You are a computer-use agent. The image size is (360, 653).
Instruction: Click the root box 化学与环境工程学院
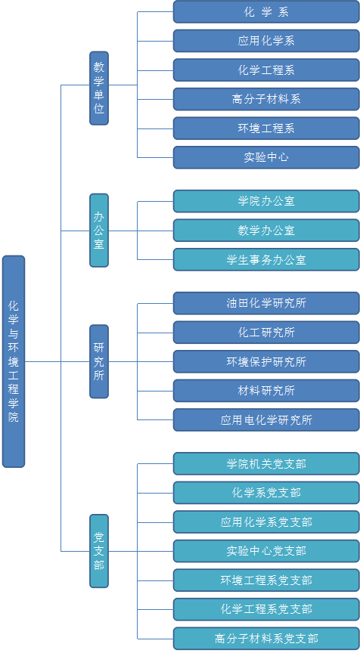coord(14,361)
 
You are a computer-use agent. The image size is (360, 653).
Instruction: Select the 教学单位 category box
coord(99,88)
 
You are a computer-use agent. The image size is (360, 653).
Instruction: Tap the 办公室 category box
coord(99,231)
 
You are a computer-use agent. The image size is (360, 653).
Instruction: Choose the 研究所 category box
coord(99,361)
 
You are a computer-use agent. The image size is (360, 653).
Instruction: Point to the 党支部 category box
coord(99,551)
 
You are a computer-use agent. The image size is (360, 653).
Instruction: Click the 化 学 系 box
coord(266,11)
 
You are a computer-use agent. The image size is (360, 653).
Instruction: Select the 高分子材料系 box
coord(266,99)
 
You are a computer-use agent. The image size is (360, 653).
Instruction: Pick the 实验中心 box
coord(266,157)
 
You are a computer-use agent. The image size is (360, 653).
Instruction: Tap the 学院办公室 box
coord(266,201)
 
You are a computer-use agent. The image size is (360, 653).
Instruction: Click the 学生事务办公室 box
coord(266,259)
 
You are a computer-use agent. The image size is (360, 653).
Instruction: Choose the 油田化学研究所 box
coord(266,303)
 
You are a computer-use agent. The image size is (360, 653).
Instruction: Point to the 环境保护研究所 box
coord(266,361)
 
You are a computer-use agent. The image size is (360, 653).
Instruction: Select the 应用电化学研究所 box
coord(266,419)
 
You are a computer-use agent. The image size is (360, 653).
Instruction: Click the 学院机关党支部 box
coord(266,463)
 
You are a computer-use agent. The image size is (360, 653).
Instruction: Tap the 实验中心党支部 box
coord(266,551)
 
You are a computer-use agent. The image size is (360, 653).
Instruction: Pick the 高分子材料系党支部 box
coord(266,639)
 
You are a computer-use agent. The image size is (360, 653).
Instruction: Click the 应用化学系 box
coord(266,41)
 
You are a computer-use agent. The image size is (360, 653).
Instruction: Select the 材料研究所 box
coord(266,391)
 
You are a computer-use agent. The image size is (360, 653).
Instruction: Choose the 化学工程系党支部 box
coord(266,609)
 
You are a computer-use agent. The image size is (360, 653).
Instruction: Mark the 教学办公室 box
coord(266,231)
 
